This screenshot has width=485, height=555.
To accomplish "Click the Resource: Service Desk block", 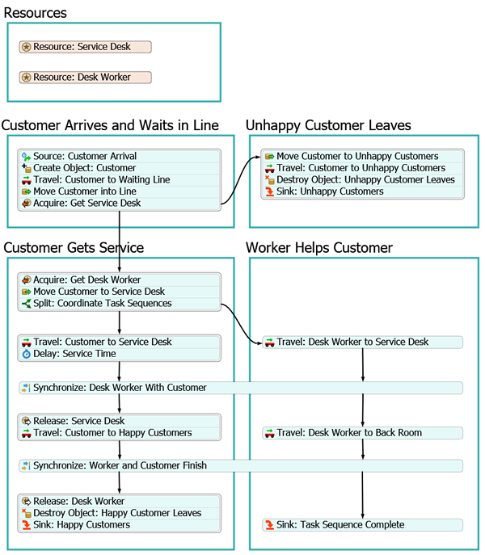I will [85, 47].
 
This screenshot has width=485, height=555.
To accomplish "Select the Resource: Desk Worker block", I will [85, 78].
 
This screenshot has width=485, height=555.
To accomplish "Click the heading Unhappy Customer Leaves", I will [328, 125].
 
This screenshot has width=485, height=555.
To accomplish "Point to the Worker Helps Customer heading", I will [319, 248].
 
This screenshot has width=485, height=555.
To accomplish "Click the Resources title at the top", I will [36, 13].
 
